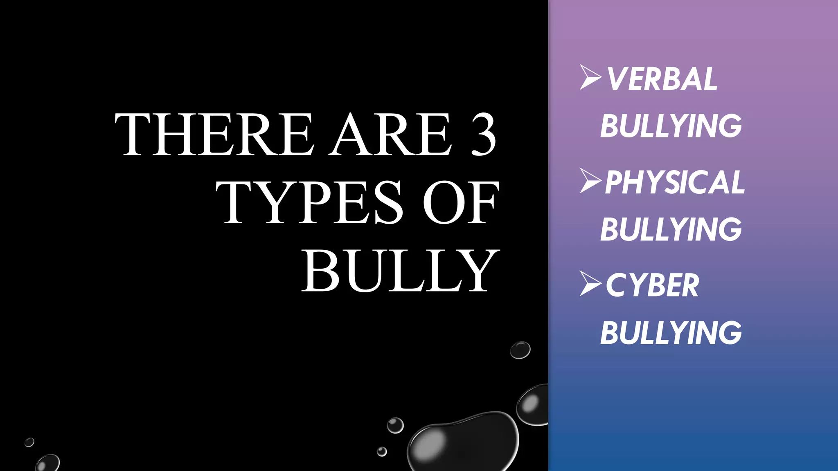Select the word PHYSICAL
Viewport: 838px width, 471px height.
[675, 182]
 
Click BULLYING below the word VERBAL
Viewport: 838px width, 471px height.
[671, 126]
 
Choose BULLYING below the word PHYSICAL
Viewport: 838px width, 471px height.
[671, 229]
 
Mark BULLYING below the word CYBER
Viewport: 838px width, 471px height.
[671, 333]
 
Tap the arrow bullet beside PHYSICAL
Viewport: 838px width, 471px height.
[590, 180]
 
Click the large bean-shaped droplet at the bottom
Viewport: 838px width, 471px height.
[462, 442]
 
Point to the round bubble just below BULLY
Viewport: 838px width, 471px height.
[520, 350]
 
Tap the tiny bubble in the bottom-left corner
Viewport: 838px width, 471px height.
[29, 442]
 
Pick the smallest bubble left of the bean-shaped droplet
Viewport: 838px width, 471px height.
[382, 451]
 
